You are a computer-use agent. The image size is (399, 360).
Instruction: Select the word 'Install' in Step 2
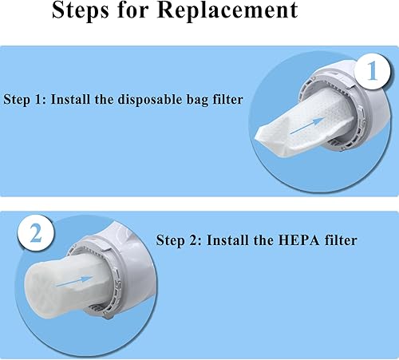coord(221,239)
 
